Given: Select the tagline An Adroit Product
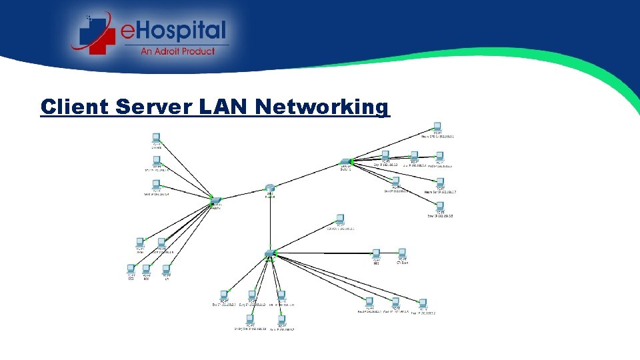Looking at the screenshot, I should (177, 51).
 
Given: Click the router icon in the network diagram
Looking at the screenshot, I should (269, 189).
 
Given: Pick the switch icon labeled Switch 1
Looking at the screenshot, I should (345, 162).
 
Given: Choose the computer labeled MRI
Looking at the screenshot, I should (376, 253).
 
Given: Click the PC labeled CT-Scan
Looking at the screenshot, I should (401, 253).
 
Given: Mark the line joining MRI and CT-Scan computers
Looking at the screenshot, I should (389, 253).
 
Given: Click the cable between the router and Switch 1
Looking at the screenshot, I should (307, 175).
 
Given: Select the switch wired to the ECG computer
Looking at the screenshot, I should (215, 200).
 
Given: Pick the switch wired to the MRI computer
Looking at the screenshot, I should (269, 252).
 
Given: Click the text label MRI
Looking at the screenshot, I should (376, 263).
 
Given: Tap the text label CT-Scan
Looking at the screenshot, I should (402, 263).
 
